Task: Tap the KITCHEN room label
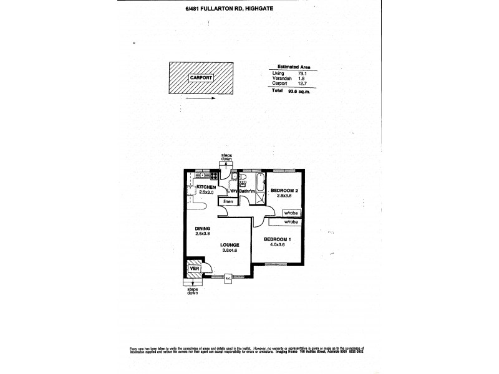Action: tap(206, 187)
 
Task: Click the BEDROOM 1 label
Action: tap(277, 239)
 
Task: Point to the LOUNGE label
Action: tap(230, 245)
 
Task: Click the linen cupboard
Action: tap(228, 202)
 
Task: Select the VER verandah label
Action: tap(195, 270)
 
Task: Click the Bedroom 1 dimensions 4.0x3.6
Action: tap(277, 244)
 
